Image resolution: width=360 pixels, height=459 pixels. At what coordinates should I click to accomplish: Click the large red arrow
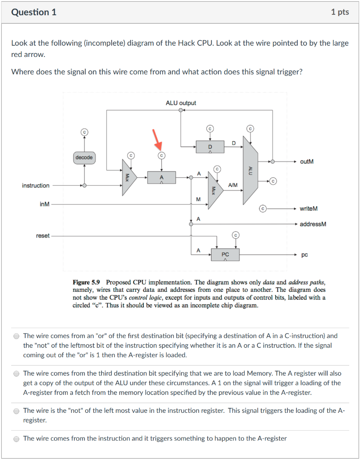[x=157, y=139]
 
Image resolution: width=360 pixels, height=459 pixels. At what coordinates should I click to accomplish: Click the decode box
[x=84, y=157]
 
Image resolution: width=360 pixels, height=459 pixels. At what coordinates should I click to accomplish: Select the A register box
[x=161, y=178]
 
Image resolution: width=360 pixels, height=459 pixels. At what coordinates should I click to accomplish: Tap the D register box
[x=209, y=146]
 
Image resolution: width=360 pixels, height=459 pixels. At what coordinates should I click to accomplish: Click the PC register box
[x=226, y=255]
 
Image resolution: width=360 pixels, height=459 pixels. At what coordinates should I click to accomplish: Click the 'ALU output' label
[x=181, y=103]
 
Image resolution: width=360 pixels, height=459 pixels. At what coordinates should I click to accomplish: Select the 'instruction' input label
[x=35, y=185]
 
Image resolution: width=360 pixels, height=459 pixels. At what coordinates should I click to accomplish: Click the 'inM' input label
[x=44, y=204]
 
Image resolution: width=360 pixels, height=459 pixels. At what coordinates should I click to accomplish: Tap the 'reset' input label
[x=43, y=236]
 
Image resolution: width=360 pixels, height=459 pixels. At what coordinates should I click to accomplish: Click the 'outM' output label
[x=307, y=161]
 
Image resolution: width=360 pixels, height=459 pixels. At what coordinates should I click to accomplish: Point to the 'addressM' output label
[x=313, y=224]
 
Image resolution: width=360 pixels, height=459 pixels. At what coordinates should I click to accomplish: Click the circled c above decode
[x=84, y=132]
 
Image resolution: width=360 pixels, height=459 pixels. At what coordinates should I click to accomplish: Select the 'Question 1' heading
[x=34, y=12]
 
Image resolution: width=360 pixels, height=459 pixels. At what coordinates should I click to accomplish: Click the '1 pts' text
[x=340, y=12]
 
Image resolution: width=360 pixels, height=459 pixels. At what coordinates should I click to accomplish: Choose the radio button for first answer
[x=17, y=336]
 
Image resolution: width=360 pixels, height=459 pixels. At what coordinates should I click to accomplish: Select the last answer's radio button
[x=17, y=439]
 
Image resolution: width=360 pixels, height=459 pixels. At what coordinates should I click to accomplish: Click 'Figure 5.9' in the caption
[x=87, y=282]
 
